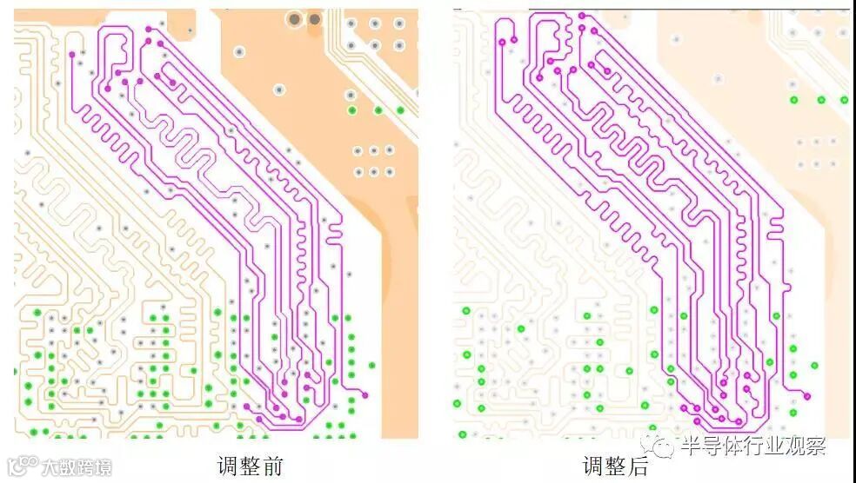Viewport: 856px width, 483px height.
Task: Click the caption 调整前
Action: click(x=250, y=465)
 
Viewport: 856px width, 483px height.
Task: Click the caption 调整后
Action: click(x=615, y=465)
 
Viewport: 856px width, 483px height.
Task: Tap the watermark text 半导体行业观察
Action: click(x=753, y=447)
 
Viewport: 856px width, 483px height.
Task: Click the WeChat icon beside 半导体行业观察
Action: click(x=664, y=447)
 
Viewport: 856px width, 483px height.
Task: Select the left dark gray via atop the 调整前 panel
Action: click(x=296, y=19)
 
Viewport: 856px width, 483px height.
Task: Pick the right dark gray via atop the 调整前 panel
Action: click(x=315, y=19)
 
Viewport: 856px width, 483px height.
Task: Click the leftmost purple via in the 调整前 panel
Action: click(x=71, y=54)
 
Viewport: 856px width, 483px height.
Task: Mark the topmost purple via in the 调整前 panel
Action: click(x=148, y=29)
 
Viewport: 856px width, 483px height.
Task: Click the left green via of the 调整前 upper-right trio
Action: click(x=352, y=110)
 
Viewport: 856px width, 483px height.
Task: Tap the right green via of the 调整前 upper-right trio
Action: click(x=400, y=109)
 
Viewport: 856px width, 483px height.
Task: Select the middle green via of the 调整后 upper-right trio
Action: click(x=820, y=100)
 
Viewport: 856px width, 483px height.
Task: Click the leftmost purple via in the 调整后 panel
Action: click(x=502, y=40)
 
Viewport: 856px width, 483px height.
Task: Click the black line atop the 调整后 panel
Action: click(x=687, y=9)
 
